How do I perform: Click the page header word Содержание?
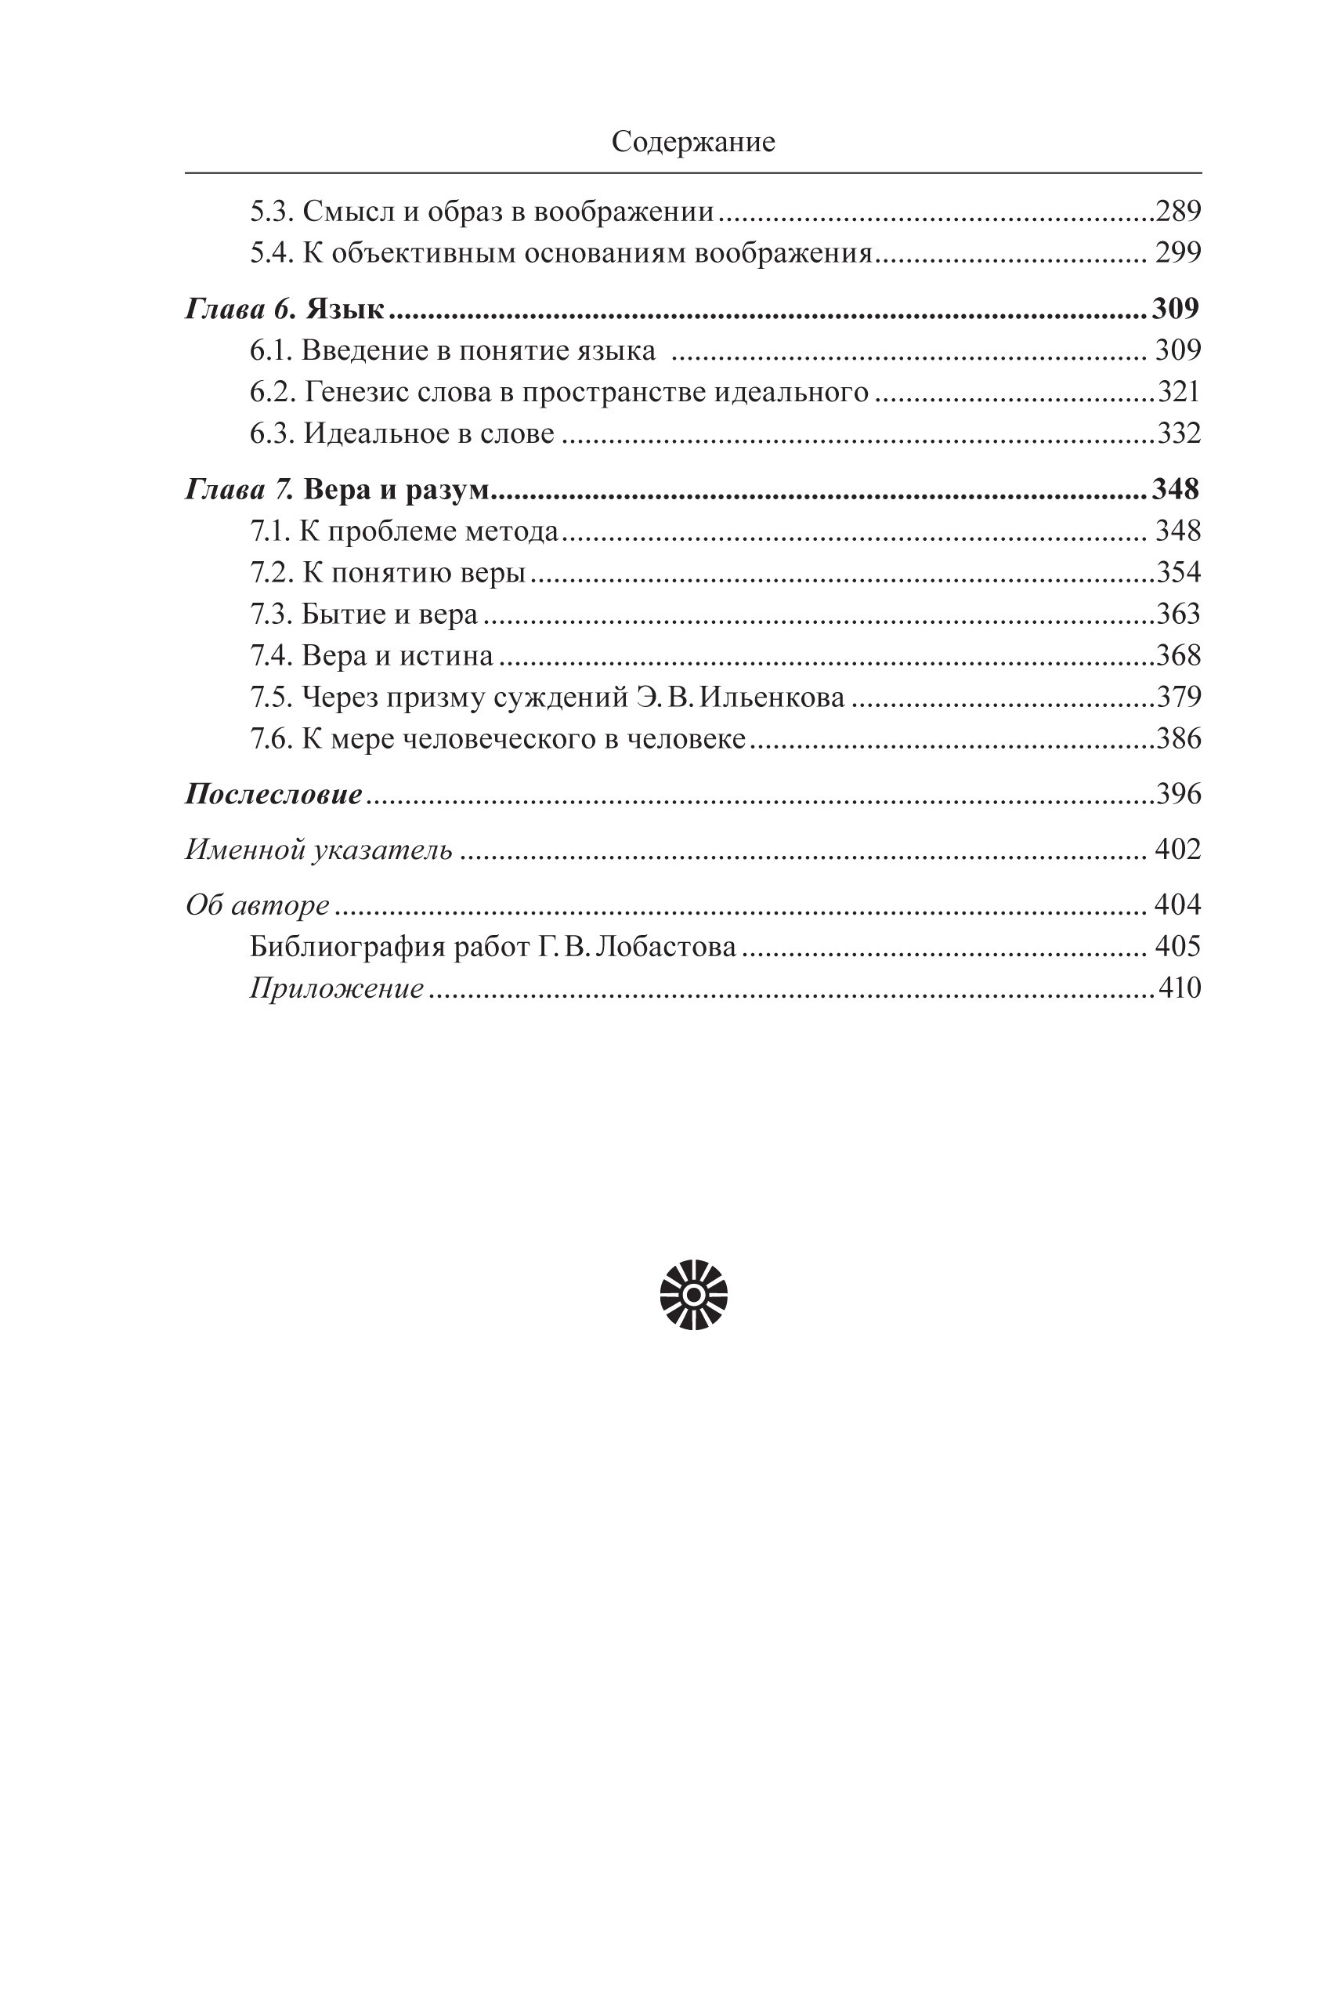692,142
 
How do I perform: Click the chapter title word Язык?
345,309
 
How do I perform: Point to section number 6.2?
273,393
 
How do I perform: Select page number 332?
1179,433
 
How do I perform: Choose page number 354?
1179,572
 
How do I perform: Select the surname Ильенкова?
772,698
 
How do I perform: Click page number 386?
1179,739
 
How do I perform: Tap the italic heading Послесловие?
273,795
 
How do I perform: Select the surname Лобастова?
664,947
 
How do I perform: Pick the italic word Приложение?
336,989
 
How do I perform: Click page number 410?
1180,989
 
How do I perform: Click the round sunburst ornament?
693,1296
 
